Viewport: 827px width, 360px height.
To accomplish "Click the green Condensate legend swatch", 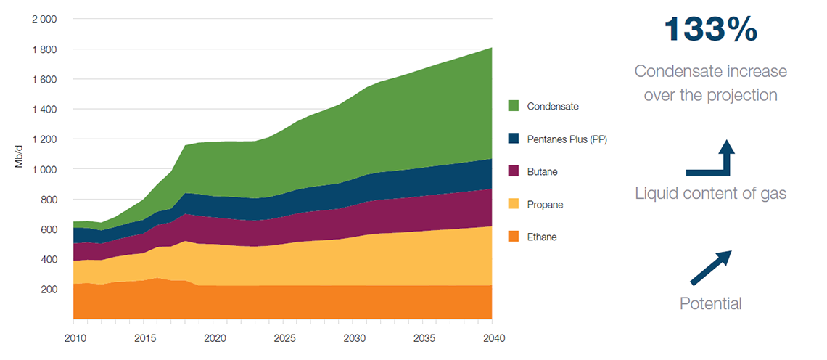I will tap(514, 107).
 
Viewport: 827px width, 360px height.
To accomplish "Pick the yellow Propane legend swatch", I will tap(514, 205).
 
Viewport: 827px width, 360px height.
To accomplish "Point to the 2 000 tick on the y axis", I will tap(44, 20).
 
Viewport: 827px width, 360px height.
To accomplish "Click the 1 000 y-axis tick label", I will tap(44, 169).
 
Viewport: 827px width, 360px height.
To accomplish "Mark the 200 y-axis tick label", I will tap(48, 290).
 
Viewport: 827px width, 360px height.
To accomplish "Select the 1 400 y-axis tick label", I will tap(44, 109).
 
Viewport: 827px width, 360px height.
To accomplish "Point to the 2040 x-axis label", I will tap(493, 338).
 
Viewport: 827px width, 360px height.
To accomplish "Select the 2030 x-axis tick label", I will tap(353, 338).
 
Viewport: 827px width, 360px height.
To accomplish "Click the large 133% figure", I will tap(711, 30).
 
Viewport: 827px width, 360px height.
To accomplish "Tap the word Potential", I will tap(710, 304).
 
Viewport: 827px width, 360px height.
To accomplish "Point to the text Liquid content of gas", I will tap(710, 194).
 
